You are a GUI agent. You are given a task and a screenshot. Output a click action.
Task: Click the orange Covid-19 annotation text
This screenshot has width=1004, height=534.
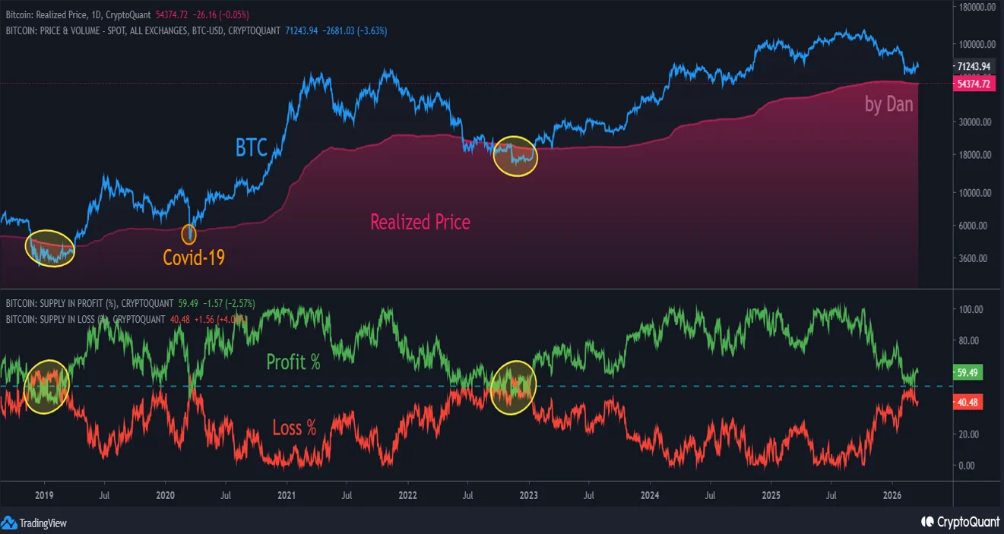(x=194, y=258)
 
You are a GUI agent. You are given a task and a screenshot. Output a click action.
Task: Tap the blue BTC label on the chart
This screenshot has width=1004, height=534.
(x=251, y=147)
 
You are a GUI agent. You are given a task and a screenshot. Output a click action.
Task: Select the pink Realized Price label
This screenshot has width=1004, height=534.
(x=420, y=222)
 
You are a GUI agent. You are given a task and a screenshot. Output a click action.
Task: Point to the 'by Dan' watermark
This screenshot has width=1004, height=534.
(x=888, y=104)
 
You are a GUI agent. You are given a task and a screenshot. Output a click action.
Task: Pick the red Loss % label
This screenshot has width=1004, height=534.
(x=294, y=428)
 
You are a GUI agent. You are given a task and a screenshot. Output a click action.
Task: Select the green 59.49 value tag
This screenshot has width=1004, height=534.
(x=968, y=373)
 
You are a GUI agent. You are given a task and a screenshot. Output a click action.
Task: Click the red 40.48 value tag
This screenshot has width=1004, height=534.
(x=968, y=403)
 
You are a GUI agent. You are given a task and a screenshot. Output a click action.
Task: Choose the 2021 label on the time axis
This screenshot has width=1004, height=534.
(x=287, y=494)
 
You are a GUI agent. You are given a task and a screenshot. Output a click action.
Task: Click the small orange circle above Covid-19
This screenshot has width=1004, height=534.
(x=188, y=234)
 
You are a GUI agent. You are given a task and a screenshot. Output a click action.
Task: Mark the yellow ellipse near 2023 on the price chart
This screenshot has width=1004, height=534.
(x=515, y=156)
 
